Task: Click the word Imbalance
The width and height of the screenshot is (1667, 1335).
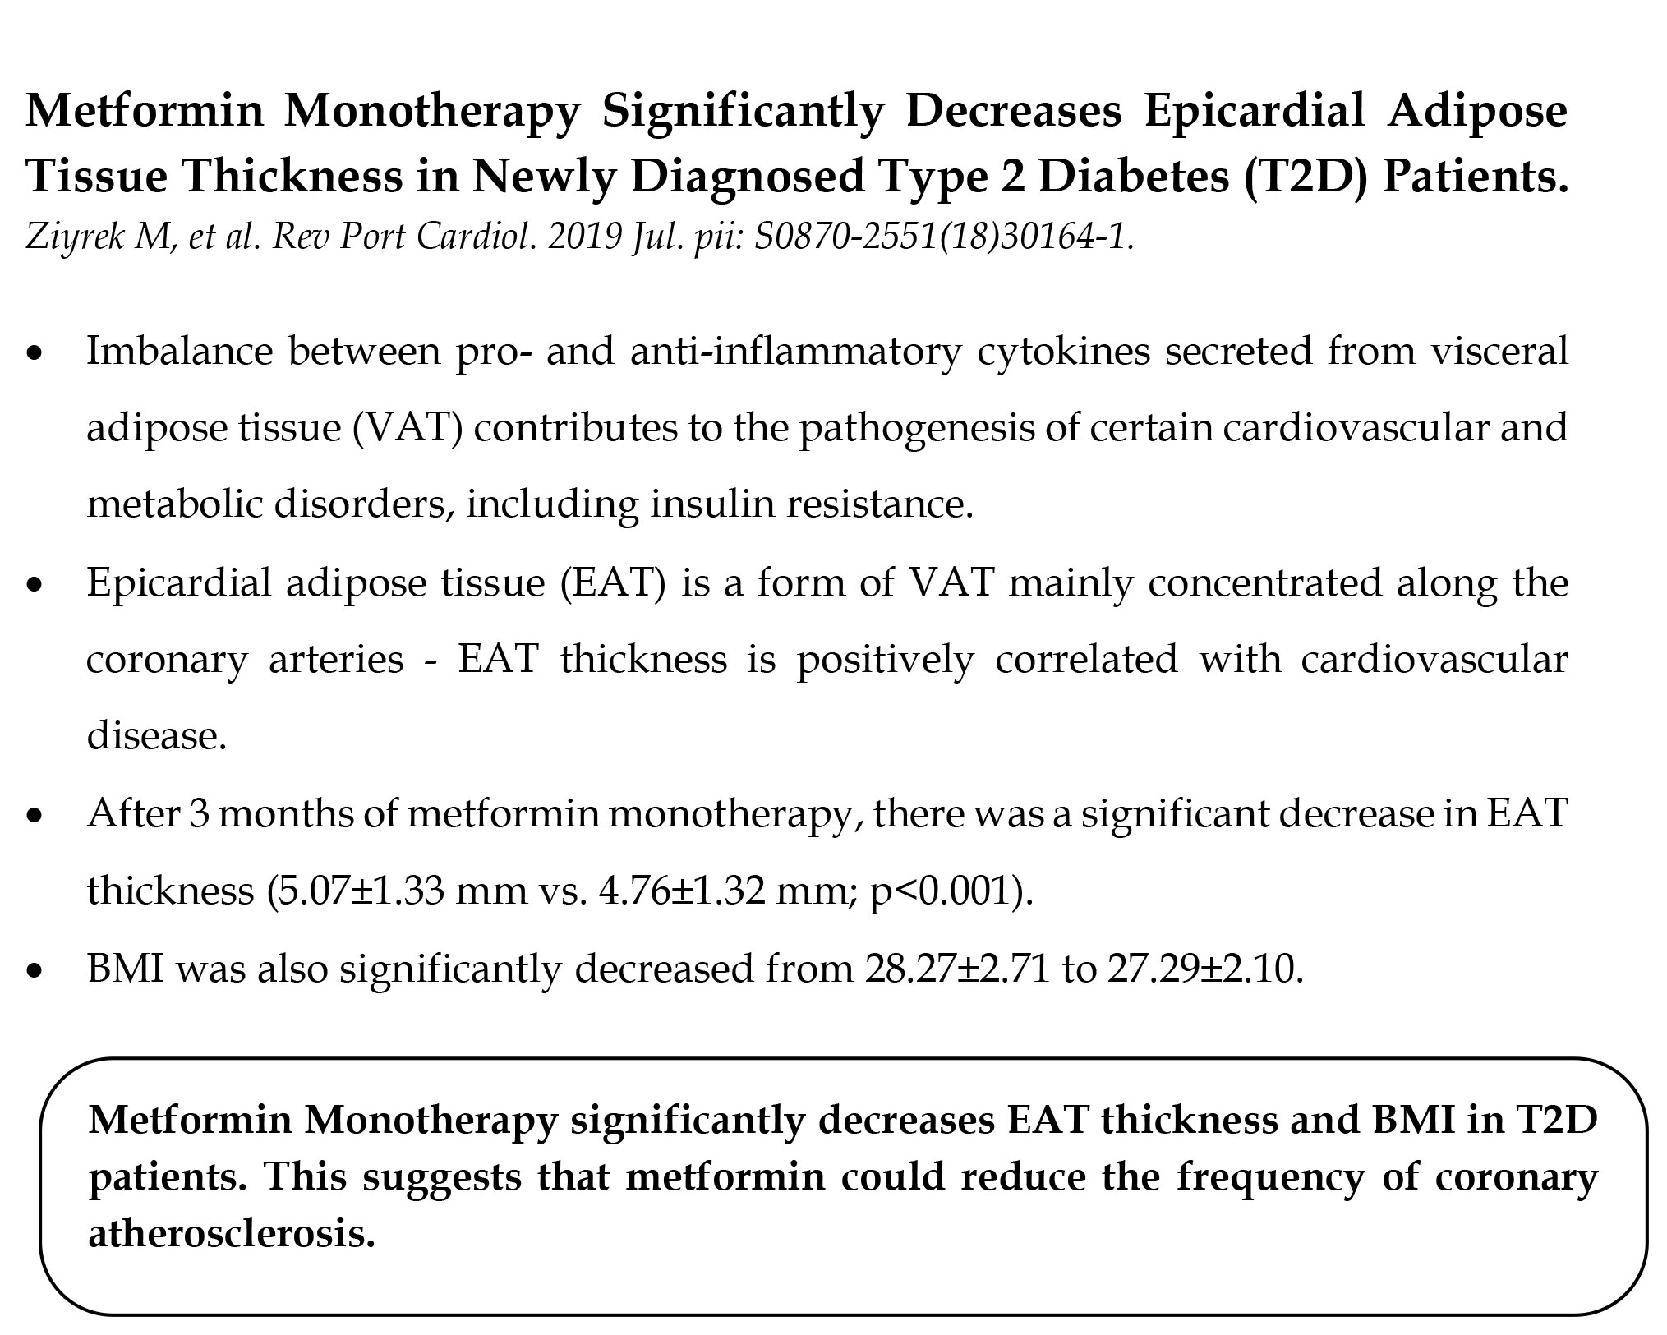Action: (179, 352)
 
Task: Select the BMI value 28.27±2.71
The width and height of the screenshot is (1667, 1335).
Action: (956, 969)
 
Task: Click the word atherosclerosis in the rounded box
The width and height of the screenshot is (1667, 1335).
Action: (231, 1233)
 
